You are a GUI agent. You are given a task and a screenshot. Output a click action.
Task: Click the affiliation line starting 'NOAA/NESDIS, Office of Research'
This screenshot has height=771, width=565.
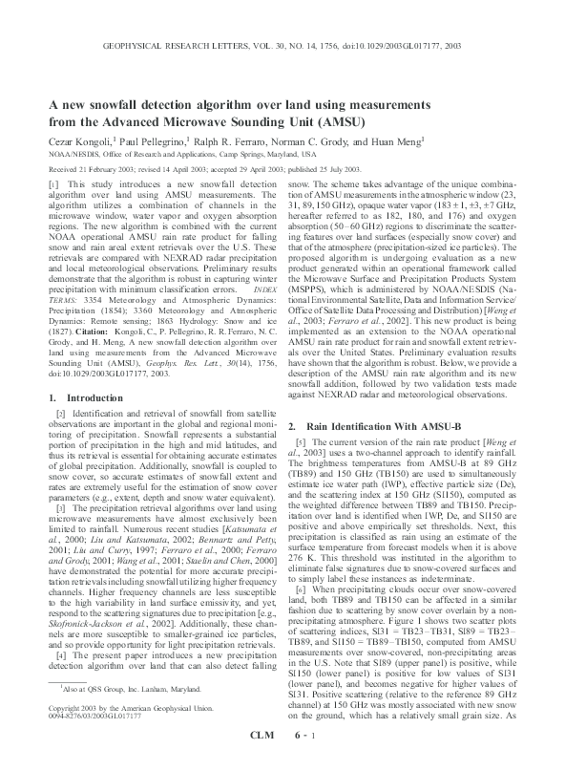pyautogui.click(x=177, y=153)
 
